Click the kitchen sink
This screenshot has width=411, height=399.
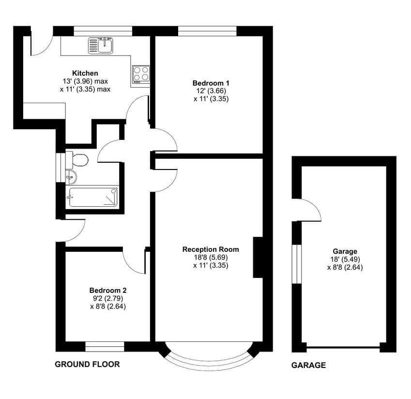[x=101, y=46]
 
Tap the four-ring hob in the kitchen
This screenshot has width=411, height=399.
[x=141, y=75]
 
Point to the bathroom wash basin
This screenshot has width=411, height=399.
[x=71, y=177]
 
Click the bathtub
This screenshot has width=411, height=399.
[x=92, y=197]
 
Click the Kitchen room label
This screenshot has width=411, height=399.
[x=85, y=73]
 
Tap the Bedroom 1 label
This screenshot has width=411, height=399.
[x=211, y=83]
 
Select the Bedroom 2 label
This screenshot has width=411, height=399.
[x=108, y=291]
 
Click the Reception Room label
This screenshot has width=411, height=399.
[x=211, y=249]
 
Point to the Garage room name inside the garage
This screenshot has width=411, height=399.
[x=345, y=251]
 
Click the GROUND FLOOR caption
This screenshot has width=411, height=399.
[x=87, y=364]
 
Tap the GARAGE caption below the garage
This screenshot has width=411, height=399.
[x=308, y=365]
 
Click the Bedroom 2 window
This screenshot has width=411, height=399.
[x=105, y=347]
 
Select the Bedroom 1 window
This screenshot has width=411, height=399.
[x=207, y=31]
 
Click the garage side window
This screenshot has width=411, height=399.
[x=297, y=264]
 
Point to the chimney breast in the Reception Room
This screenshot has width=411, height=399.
[x=258, y=258]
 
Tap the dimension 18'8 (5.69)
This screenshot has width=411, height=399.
[x=211, y=258]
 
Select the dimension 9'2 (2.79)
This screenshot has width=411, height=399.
[x=108, y=298]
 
